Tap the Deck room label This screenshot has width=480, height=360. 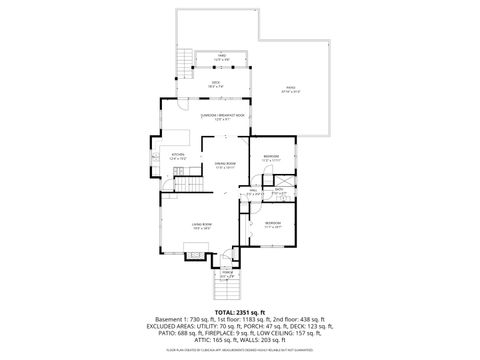coord(215,84)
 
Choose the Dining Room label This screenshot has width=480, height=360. coord(224,164)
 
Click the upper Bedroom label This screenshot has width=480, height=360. coord(271,157)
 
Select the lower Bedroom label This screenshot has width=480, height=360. coord(273,222)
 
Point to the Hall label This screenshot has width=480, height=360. coord(255,191)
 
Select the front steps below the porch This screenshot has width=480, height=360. coord(228,291)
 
